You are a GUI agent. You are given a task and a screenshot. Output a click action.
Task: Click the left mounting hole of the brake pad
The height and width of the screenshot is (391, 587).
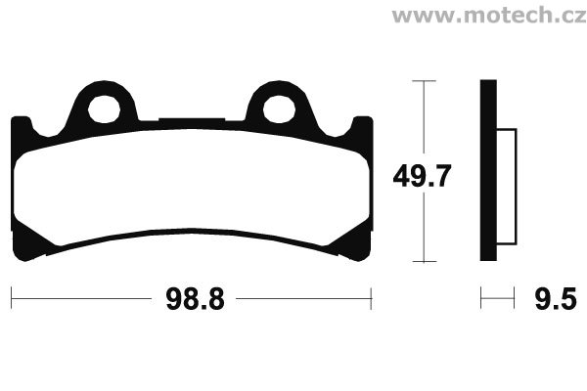[x=104, y=107]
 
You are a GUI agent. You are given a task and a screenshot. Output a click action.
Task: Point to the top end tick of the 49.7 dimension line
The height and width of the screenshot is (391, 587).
[x=423, y=81]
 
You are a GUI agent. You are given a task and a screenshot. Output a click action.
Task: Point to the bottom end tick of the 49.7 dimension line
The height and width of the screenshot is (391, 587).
[x=423, y=262]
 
